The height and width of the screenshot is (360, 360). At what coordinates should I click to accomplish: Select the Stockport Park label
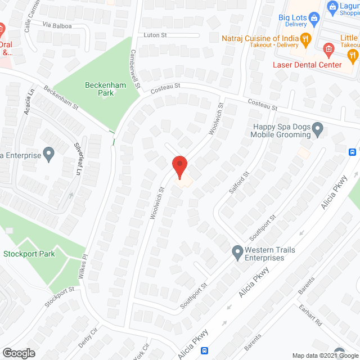coord(29,254)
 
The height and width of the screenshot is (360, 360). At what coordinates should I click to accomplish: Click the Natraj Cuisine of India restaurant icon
coord(306,38)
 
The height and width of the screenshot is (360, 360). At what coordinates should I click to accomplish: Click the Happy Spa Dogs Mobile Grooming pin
coord(318,130)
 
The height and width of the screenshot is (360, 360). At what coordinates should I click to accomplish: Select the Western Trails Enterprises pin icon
coord(237,250)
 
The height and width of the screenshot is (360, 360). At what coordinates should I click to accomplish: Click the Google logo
coord(18,353)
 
